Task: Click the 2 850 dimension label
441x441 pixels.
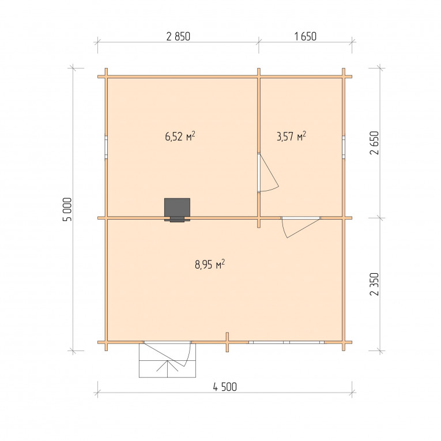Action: [178, 36]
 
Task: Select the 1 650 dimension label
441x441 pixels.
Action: [305, 36]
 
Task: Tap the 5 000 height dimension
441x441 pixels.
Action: [67, 209]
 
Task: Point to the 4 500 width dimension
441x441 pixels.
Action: [225, 387]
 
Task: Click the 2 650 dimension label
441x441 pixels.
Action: [375, 143]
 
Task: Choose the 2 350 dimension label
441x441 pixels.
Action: [375, 284]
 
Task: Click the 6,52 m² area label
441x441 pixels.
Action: [180, 137]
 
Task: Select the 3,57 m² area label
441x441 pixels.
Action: [291, 137]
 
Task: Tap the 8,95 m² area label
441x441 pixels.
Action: [210, 265]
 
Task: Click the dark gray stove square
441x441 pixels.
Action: [177, 208]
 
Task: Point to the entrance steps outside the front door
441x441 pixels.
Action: [167, 360]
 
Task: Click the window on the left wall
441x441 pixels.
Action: [106, 148]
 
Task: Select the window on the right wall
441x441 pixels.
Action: [344, 148]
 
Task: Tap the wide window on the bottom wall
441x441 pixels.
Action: [287, 342]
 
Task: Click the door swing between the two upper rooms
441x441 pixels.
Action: [269, 173]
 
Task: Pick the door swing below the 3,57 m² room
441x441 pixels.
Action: [301, 228]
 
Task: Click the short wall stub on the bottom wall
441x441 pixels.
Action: [227, 342]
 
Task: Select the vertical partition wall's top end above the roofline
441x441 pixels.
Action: [259, 71]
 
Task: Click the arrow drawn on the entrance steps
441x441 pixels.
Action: [167, 369]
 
